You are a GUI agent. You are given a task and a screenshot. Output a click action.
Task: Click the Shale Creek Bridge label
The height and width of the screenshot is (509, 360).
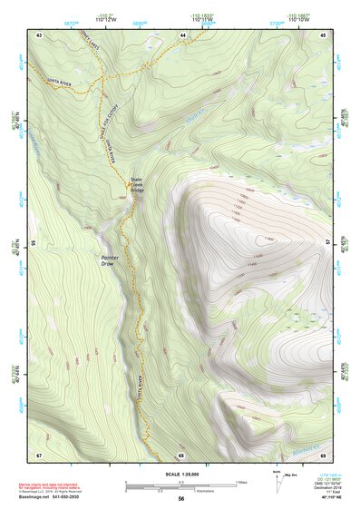coord(137,184)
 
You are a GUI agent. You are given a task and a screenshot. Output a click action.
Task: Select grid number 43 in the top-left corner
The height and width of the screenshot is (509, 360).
coord(39,34)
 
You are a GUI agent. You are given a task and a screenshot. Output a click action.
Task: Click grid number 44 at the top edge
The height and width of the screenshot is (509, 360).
coord(182,34)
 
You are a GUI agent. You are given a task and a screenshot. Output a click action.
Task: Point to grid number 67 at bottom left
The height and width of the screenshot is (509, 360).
coord(39,454)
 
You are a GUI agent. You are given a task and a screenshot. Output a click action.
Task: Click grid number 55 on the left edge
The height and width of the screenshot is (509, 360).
coord(34,243)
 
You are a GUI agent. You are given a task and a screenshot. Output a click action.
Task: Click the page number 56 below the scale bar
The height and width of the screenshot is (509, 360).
coord(181,498)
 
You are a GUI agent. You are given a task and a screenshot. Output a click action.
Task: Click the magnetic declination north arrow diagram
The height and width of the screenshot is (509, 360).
coord(277,482)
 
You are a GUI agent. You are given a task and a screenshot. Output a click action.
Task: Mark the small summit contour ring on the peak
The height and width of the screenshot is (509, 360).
coord(265,240)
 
